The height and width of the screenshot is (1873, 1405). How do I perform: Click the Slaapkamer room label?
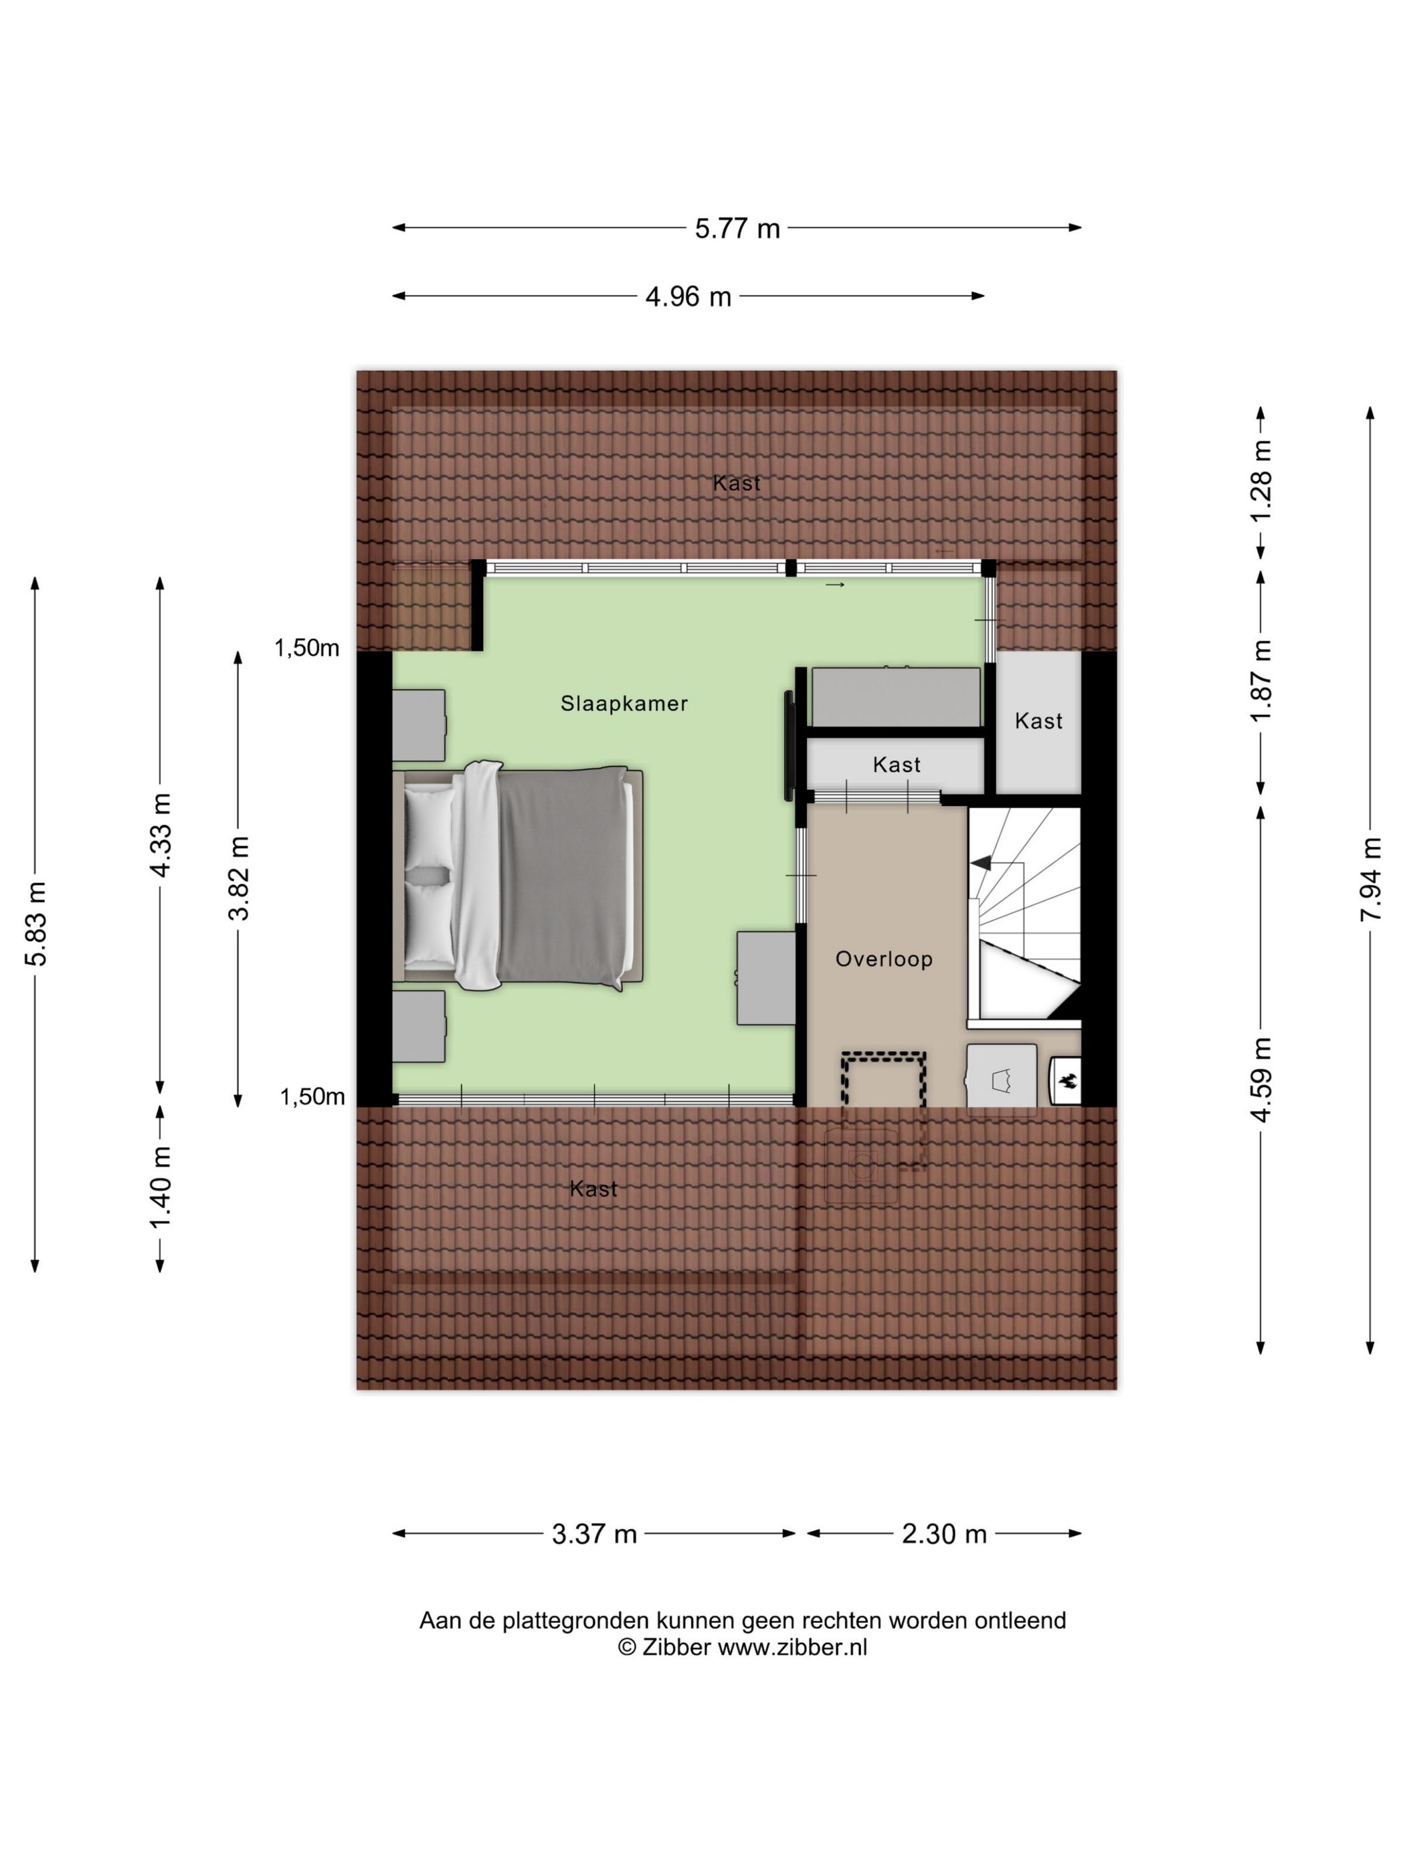pos(624,703)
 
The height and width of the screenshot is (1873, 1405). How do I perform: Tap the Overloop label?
pos(883,959)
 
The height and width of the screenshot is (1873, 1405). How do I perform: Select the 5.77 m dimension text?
pos(737,229)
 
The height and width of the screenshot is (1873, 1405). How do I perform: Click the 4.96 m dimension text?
pos(688,297)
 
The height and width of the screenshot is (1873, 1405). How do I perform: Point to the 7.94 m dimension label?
pos(1370,879)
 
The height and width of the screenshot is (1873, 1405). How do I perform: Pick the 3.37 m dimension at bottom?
pos(593,1533)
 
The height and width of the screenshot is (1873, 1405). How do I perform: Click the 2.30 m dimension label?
pos(943,1533)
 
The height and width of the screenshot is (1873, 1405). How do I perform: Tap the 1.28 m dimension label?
pos(1261,482)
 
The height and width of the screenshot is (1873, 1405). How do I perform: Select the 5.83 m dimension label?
pos(35,923)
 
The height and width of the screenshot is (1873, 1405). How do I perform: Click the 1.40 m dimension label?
pos(160,1187)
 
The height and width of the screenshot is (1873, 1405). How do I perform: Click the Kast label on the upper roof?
pos(736,484)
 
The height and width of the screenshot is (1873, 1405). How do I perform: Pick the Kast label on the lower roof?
pos(593,1189)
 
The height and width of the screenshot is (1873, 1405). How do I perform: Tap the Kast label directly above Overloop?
pos(896,765)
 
